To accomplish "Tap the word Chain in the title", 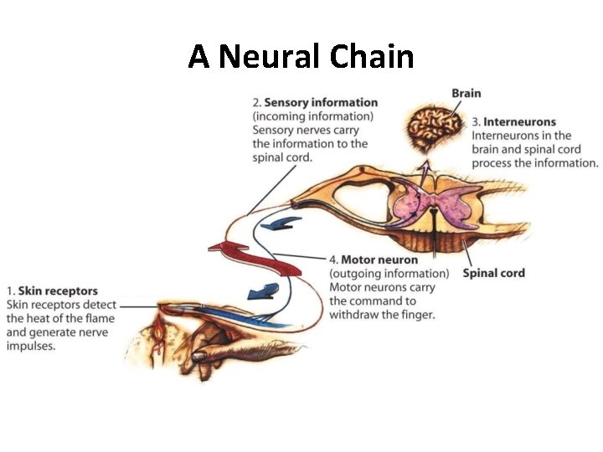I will (x=372, y=57).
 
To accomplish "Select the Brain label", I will (x=466, y=93).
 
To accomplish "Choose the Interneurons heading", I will (x=519, y=122).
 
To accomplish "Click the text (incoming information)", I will (x=312, y=116).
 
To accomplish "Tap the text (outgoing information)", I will (x=389, y=274).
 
